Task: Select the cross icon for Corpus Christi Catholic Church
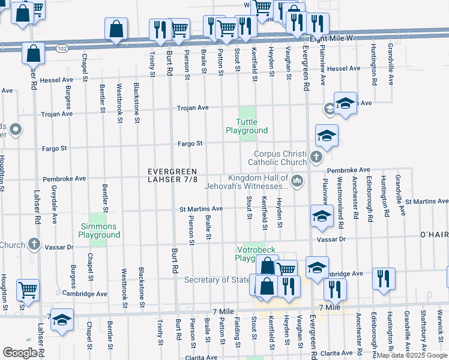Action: tap(317, 157)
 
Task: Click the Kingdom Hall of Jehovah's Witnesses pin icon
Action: tap(297, 181)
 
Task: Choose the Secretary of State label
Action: tap(217, 280)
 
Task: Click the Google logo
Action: tap(20, 353)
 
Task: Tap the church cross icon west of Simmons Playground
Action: tap(35, 244)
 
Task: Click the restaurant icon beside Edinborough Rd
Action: tap(383, 279)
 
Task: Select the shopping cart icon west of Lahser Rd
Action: tap(28, 290)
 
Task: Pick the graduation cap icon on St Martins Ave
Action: tap(322, 216)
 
